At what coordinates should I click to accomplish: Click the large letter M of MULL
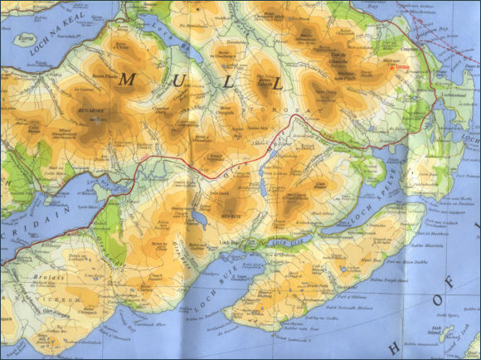(129, 80)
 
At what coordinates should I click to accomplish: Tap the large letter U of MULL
(177, 81)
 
